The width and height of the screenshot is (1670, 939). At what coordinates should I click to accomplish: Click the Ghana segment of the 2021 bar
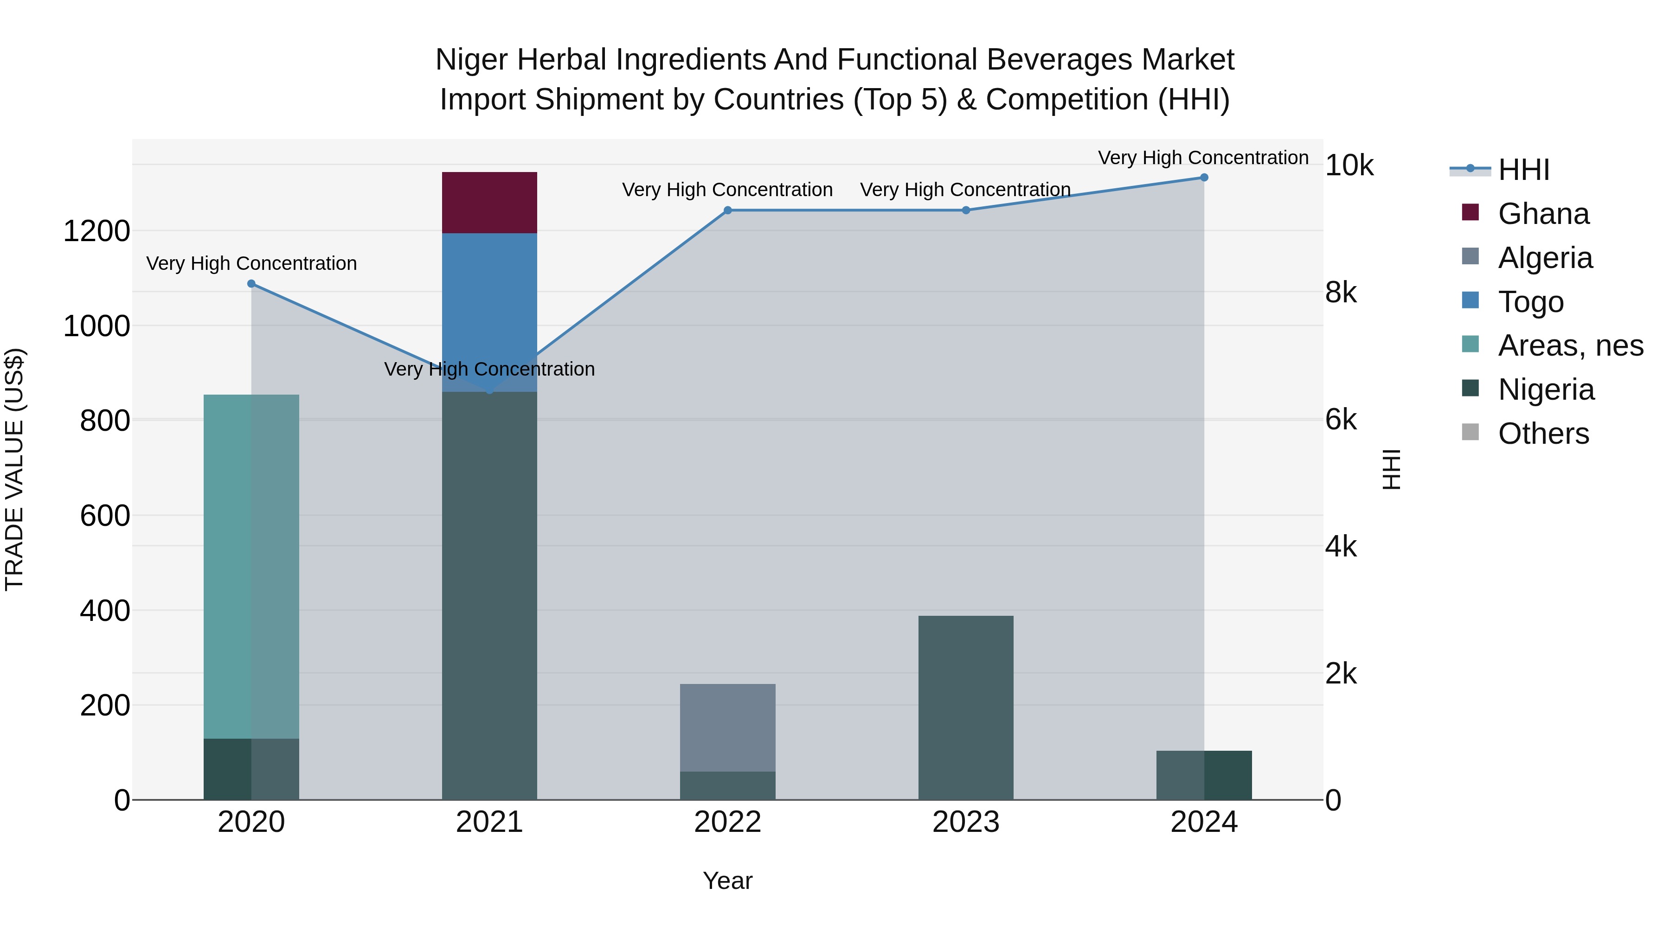pos(489,202)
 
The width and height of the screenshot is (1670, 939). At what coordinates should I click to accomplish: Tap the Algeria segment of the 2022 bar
pos(727,727)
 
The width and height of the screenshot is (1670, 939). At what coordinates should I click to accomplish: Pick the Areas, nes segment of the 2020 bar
pos(251,566)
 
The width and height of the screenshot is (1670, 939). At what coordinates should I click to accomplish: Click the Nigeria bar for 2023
pos(965,708)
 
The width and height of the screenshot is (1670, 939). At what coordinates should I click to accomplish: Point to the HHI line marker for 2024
pos(1204,177)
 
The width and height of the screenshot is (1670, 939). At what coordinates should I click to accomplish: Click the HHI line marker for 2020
pos(251,284)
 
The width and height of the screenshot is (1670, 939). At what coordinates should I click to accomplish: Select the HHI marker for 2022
pos(727,210)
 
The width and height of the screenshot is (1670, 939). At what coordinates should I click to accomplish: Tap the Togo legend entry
pos(1530,302)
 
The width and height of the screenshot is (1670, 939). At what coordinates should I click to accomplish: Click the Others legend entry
pos(1543,434)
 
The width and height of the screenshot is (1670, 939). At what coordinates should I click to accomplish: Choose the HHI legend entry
pos(1523,170)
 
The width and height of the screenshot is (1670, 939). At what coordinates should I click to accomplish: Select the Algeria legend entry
pos(1545,258)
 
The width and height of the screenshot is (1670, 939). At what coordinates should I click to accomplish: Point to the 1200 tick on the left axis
pos(96,231)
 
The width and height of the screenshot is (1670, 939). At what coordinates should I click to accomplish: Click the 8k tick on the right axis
pos(1341,293)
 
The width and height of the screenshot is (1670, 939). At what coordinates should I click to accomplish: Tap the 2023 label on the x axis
pos(965,822)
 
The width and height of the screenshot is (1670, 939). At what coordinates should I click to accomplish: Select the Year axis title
pos(727,881)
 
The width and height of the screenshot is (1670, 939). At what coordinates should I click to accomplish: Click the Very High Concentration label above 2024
pos(1202,158)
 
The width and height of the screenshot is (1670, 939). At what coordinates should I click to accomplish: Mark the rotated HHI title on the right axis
pos(1392,469)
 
